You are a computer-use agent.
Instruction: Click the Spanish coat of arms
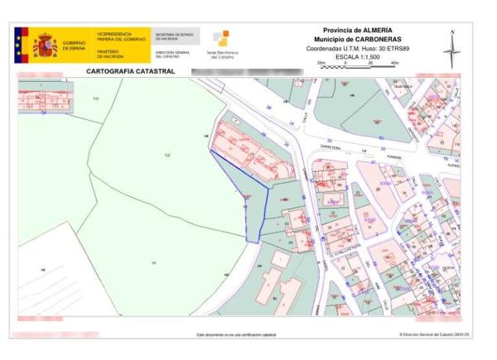coord(41,45)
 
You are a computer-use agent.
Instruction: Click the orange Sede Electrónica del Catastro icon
coord(222,38)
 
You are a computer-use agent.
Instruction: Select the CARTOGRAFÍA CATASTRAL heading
coord(131,72)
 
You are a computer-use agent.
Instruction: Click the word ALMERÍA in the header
coord(385,31)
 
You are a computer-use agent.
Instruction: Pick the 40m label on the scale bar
coord(394,62)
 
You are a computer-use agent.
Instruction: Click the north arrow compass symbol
coord(452,50)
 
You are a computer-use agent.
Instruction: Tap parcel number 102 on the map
coord(167,156)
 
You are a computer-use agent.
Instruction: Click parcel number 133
coord(95,98)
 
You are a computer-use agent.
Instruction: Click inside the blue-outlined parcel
coord(248,194)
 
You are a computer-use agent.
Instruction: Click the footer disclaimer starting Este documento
coord(236,334)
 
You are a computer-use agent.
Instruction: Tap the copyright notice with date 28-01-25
coord(435,334)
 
